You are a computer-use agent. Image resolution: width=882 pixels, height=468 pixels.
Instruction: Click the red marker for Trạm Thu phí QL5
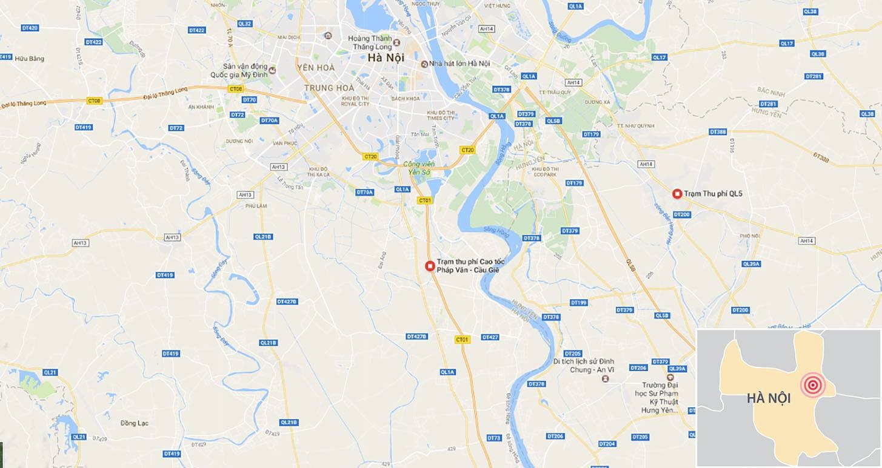point(677,194)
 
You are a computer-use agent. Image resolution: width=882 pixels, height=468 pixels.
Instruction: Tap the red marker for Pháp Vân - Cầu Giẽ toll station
point(430,265)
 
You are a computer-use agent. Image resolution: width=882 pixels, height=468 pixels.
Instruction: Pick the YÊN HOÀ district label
point(316,68)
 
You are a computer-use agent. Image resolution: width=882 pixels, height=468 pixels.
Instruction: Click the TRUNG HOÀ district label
point(329,88)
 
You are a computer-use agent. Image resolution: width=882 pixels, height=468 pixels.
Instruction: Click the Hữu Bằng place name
point(31,59)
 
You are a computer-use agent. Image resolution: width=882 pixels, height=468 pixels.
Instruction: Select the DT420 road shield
point(29,28)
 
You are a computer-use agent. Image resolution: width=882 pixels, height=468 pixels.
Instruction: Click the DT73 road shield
point(495,438)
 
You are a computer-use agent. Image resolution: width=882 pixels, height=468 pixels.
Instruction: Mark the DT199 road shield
point(579,303)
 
